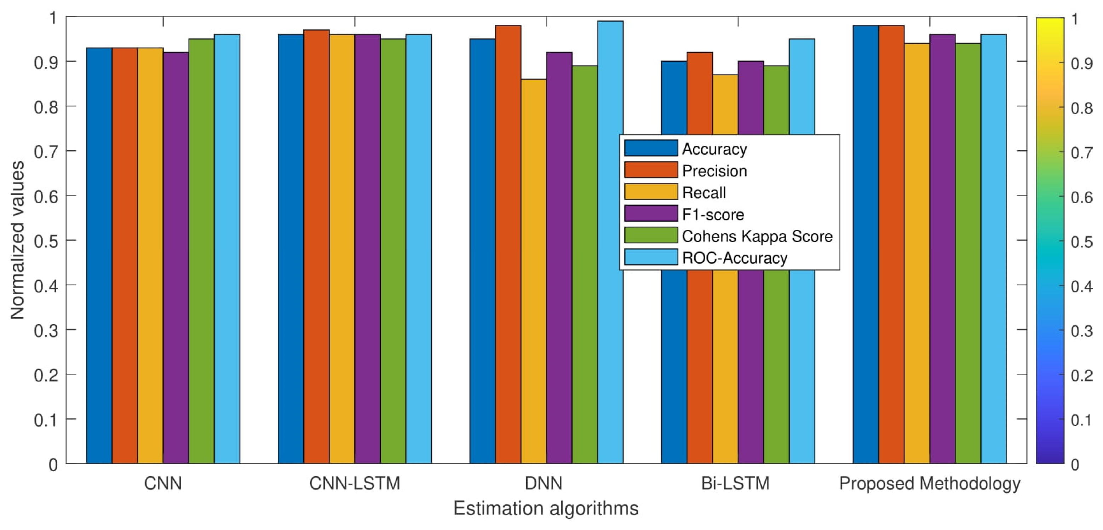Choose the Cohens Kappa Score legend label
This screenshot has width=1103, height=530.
click(757, 236)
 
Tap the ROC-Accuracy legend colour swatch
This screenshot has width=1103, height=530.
click(651, 257)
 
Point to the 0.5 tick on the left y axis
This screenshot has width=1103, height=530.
click(46, 241)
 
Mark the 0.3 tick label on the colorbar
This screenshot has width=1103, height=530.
click(1081, 331)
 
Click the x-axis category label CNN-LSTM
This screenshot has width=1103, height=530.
click(355, 483)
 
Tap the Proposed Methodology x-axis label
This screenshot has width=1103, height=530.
click(930, 483)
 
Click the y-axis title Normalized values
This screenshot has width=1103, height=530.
click(17, 240)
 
